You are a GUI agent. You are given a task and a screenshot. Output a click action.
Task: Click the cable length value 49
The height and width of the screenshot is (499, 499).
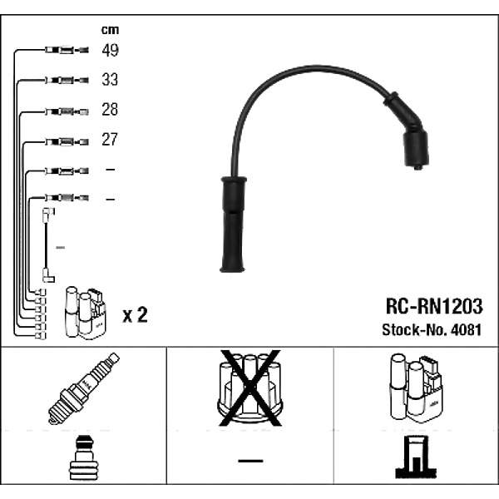coord(110,50)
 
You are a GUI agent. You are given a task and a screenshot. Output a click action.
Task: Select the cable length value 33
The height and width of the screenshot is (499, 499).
coord(110,80)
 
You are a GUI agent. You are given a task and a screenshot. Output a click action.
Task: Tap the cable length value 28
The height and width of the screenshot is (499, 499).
coord(110,109)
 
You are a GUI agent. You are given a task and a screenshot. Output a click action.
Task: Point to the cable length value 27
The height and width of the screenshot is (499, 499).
coord(110,139)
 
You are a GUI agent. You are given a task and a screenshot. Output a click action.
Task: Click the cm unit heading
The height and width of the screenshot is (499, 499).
coord(110,30)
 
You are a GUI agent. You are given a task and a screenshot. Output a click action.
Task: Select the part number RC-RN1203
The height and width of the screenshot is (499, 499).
coord(434,306)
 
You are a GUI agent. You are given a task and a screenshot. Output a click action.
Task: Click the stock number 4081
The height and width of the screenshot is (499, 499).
coord(466,329)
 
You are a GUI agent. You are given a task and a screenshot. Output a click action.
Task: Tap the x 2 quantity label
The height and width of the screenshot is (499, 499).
coord(136,314)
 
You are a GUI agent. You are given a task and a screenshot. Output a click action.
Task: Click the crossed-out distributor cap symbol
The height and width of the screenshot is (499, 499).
coord(250,388)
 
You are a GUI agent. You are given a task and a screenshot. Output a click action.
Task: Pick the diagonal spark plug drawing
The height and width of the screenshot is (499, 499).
coord(84,388)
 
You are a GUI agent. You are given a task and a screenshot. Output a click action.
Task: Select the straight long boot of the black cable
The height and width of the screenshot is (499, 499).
coord(233,224)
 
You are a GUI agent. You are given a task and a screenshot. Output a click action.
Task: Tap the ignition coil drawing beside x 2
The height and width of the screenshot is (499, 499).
coord(86,313)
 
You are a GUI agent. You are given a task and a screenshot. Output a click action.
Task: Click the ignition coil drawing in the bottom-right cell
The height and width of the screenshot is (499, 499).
coord(417,388)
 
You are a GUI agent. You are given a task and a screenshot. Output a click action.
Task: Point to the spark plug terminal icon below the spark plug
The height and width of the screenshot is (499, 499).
coord(84,457)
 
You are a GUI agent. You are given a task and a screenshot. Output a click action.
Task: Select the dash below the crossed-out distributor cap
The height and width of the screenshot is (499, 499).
coord(250,461)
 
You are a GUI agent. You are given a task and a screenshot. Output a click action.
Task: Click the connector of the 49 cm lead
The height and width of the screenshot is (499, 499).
coord(67,50)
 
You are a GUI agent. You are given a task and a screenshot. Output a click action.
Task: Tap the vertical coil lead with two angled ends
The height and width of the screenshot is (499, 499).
coord(48,245)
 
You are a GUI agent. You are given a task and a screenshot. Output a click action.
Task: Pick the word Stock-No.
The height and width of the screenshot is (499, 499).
coord(415,329)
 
